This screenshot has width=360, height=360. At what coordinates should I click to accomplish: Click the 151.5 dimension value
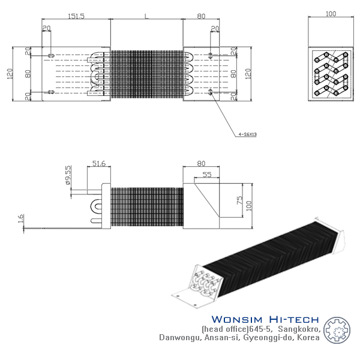point(76,16)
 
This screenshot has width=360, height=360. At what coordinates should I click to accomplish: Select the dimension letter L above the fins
point(146,16)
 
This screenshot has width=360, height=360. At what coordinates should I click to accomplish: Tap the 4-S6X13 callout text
point(247,134)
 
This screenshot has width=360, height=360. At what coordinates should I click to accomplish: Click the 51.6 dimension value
point(99,163)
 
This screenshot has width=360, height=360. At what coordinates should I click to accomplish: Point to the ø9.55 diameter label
point(68,175)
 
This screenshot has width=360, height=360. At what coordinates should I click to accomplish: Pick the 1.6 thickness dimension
point(20,218)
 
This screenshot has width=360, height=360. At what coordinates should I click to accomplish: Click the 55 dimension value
point(207,175)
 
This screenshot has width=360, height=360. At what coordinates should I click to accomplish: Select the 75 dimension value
point(239,200)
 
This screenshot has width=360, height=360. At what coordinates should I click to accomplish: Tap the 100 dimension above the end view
point(331,14)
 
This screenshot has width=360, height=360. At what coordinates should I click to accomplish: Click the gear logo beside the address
point(337,330)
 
